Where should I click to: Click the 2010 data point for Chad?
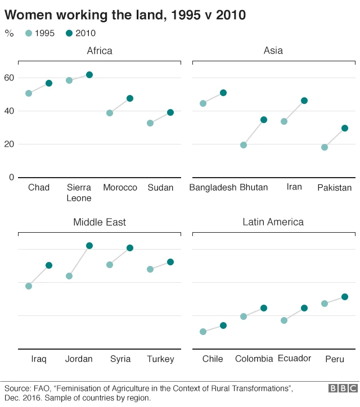pos(49,83)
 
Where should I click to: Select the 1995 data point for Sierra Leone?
pos(69,80)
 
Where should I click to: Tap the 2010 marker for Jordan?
pos(89,246)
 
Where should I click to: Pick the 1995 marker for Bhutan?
pos(244,145)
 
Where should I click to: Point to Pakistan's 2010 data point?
pos(345,128)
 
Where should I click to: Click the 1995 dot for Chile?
pos(203,332)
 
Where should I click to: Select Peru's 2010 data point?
pos(345,297)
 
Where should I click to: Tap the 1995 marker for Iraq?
pos(29,286)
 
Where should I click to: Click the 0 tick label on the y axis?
pos(11,177)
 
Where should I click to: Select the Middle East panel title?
pos(100,222)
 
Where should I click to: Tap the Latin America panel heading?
pos(273,222)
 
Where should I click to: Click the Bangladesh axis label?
pos(213,188)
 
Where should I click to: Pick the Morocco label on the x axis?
pos(120,187)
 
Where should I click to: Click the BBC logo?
pos(343,388)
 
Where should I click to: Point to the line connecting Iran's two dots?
pos(294,111)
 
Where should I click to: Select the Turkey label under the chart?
pos(160,359)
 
